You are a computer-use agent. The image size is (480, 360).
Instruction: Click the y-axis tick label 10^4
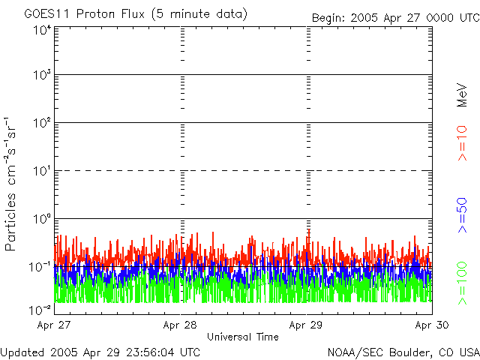tap(40, 30)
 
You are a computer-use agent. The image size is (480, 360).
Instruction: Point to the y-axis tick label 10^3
tap(40, 76)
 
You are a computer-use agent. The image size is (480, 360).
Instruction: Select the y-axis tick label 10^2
tap(40, 124)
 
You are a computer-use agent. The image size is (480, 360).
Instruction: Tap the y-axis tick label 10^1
tap(40, 171)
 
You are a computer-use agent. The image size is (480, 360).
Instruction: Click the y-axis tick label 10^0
tap(40, 219)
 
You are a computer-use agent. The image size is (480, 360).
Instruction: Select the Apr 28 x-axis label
tap(180, 325)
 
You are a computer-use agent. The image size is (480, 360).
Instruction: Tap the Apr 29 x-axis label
tap(306, 325)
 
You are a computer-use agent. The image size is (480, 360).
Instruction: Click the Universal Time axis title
tap(242, 337)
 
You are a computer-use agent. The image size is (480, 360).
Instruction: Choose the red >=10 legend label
tap(463, 143)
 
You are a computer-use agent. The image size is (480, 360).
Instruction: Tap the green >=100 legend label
tap(463, 282)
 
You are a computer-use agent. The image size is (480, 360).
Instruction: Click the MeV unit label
tap(463, 95)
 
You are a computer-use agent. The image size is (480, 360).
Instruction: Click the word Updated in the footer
tap(23, 352)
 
